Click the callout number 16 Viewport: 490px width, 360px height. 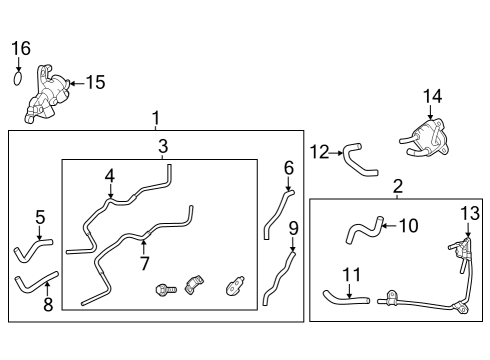(x=21, y=48)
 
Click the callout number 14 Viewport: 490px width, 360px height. (x=431, y=96)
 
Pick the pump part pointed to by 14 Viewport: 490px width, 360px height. (x=428, y=138)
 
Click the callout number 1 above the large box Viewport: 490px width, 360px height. (x=155, y=119)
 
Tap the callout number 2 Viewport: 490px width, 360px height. (x=397, y=186)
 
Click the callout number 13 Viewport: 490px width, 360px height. (x=470, y=212)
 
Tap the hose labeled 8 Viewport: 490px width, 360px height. (x=36, y=286)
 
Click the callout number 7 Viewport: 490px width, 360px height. (x=145, y=263)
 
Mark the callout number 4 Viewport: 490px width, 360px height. (x=110, y=176)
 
